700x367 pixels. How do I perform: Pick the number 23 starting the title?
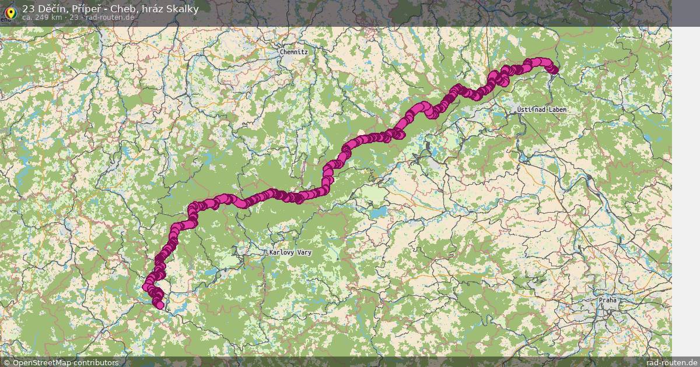click(29, 9)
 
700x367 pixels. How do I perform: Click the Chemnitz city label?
click(293, 52)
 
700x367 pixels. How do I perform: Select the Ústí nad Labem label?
click(541, 110)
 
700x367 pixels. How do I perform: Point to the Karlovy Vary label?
click(290, 253)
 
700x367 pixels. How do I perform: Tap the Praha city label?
click(607, 301)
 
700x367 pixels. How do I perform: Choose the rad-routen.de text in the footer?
click(671, 362)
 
